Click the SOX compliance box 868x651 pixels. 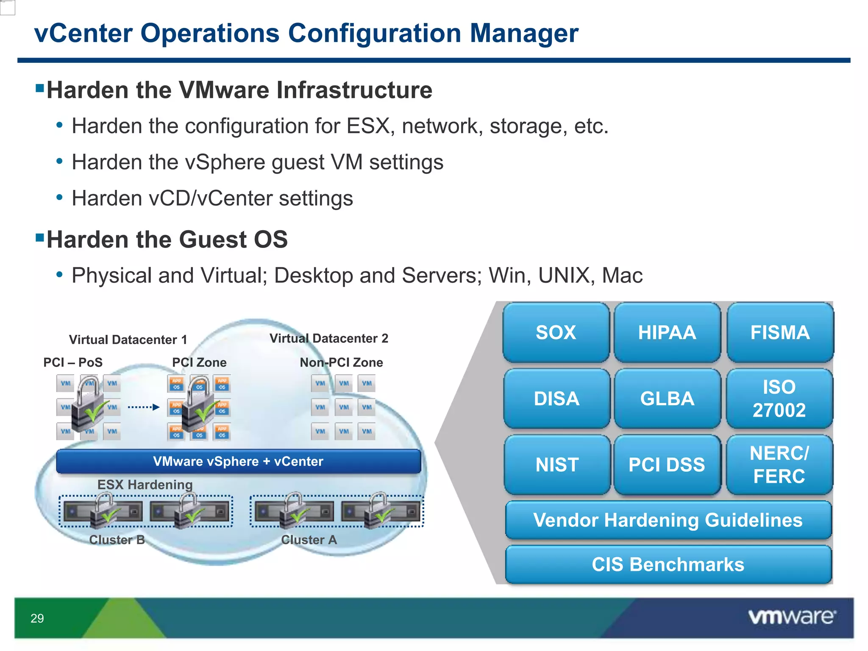pyautogui.click(x=556, y=333)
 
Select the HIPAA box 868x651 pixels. pyautogui.click(x=667, y=333)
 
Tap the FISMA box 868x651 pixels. pyautogui.click(x=780, y=333)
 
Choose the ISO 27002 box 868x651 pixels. pyautogui.click(x=779, y=399)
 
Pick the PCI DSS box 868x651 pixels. pyautogui.click(x=667, y=465)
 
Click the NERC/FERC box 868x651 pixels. pyautogui.click(x=779, y=465)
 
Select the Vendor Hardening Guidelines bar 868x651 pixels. pyautogui.click(x=668, y=520)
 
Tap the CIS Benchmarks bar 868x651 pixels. pyautogui.click(x=668, y=565)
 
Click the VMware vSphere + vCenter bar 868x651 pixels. pyautogui.click(x=238, y=462)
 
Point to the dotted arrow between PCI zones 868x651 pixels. pyautogui.click(x=143, y=407)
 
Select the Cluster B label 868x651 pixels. pyautogui.click(x=117, y=540)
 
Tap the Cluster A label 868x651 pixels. pyautogui.click(x=309, y=540)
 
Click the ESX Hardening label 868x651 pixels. pyautogui.click(x=145, y=484)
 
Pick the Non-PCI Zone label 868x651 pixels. pyautogui.click(x=341, y=363)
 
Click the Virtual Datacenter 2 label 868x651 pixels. pyautogui.click(x=329, y=339)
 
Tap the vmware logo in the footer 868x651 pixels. pyautogui.click(x=792, y=617)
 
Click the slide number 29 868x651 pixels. pyautogui.click(x=37, y=618)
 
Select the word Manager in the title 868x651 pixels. pyautogui.click(x=524, y=33)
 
